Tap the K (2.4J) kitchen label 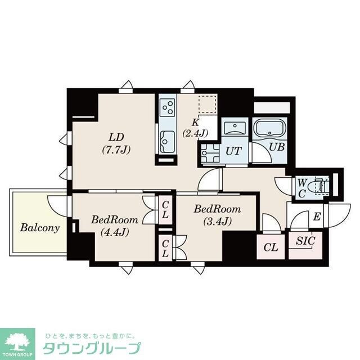[195, 128]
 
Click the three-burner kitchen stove [168, 106]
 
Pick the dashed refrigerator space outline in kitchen [207, 105]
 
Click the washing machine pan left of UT [209, 152]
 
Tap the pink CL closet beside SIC [271, 246]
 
